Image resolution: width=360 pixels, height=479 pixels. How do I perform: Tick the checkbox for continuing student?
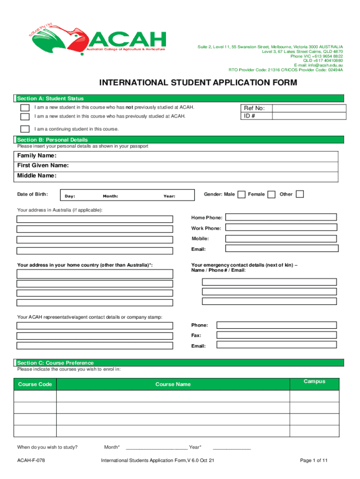point(24,129)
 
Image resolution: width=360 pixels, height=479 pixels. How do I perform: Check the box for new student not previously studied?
point(24,108)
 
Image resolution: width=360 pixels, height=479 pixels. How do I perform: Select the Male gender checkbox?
point(241,194)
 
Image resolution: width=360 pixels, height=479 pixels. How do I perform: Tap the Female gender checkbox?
point(271,194)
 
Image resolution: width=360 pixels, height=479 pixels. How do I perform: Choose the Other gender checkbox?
point(300,194)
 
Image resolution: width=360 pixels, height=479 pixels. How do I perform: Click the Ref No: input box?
point(309,108)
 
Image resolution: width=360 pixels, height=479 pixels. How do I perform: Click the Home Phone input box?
point(281,217)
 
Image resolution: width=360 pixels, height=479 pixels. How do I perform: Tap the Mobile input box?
point(281,238)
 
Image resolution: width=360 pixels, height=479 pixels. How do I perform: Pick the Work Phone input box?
point(281,227)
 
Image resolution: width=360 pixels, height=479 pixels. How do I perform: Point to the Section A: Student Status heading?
point(50,98)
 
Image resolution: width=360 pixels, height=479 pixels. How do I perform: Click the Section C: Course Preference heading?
point(55,363)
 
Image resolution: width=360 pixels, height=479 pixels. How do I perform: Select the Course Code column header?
point(35,385)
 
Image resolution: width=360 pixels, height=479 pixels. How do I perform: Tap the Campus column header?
point(314,382)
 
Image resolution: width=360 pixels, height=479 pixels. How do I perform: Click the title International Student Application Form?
point(197,83)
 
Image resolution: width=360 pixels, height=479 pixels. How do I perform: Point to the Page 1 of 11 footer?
point(314,461)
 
